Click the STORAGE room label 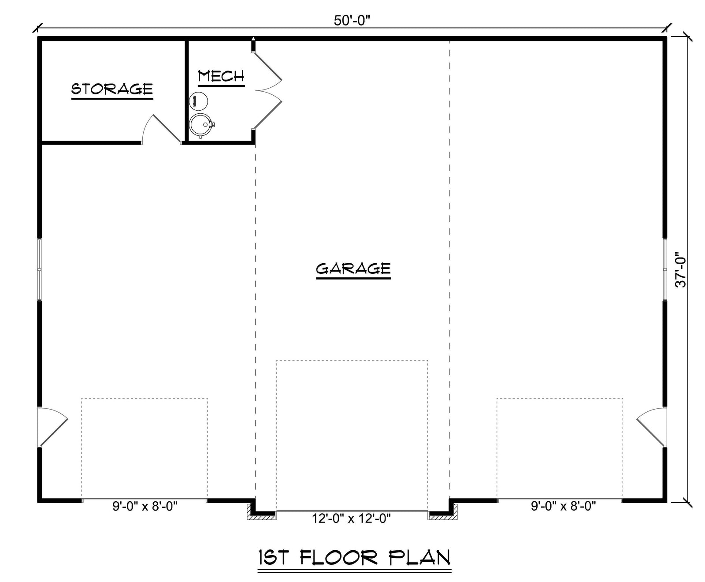112,89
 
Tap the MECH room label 221,76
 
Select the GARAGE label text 353,268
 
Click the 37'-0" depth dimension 681,269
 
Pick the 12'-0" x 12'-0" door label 352,519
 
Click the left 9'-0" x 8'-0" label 145,506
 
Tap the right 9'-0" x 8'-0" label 564,506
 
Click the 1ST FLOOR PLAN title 354,557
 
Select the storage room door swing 161,129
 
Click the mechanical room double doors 267,90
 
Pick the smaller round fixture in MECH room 198,101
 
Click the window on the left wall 40,269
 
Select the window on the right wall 665,269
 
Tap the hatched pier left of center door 262,513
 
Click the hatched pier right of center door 442,513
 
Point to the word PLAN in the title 419,557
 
